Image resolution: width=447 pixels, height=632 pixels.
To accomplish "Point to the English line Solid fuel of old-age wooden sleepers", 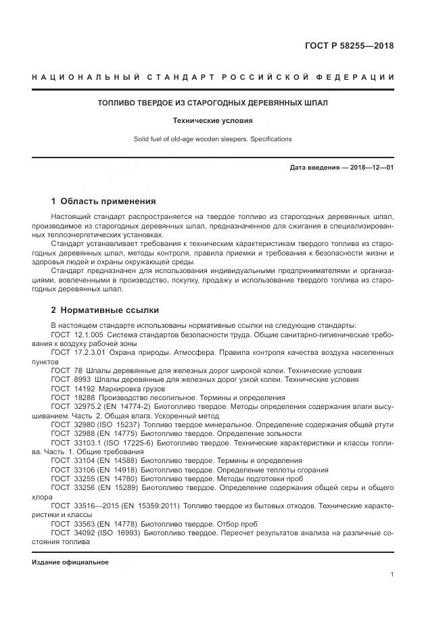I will [x=213, y=139].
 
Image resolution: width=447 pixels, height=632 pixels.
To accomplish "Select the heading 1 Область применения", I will [x=103, y=201].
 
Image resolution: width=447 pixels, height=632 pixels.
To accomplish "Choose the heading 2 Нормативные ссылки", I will [x=105, y=310].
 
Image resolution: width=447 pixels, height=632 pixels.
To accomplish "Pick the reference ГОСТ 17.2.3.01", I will [x=76, y=353].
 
